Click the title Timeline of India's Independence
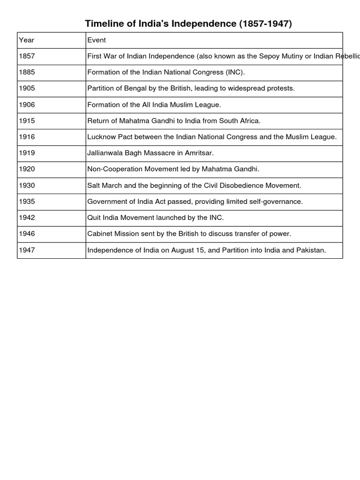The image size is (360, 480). [188, 24]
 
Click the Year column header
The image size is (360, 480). [26, 40]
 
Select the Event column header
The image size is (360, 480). [97, 40]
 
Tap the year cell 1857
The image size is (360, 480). [27, 56]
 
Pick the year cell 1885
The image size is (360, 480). [27, 73]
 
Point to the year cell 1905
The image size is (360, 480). [27, 89]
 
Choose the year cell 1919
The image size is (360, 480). [27, 153]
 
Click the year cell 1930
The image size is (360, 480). [27, 186]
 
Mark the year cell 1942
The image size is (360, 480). [27, 218]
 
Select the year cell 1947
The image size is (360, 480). [27, 250]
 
